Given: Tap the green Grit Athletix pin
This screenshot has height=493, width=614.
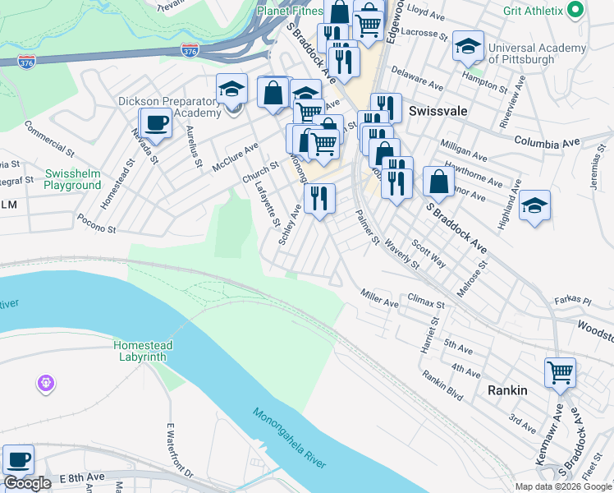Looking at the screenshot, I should [575, 11].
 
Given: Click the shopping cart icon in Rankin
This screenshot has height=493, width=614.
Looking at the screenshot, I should [561, 372].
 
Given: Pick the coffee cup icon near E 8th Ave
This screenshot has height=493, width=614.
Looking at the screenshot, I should [18, 460].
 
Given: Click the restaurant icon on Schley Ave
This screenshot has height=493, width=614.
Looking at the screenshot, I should [319, 198].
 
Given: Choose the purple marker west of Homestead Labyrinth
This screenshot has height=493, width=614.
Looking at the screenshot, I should [44, 383].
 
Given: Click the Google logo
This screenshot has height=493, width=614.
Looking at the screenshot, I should [27, 483].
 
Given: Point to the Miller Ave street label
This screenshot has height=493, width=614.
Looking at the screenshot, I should [380, 298].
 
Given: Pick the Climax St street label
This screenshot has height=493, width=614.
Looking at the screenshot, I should [425, 304].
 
